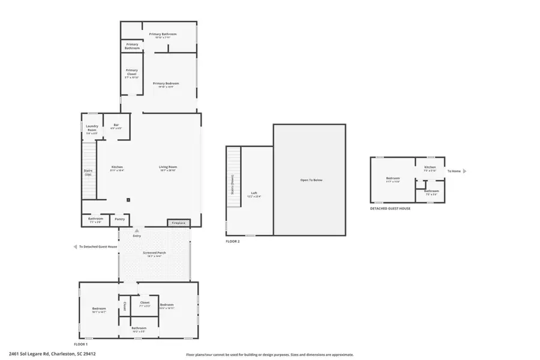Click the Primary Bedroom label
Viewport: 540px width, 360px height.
click(165, 83)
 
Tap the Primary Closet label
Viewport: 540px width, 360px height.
click(131, 74)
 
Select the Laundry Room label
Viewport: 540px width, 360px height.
click(91, 128)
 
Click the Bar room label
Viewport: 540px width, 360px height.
click(116, 125)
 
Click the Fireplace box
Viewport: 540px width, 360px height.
click(179, 223)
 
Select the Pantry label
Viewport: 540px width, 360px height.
click(119, 219)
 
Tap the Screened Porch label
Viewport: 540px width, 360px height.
click(154, 253)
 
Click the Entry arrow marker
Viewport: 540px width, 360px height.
click(137, 230)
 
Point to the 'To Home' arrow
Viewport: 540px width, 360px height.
click(464, 171)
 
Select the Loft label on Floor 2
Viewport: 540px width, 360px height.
click(254, 193)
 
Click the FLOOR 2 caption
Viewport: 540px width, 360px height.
click(232, 241)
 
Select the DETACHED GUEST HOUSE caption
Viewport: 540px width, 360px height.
click(390, 208)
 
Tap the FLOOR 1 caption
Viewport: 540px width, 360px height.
click(80, 344)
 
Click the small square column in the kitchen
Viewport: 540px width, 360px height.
click(128, 200)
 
